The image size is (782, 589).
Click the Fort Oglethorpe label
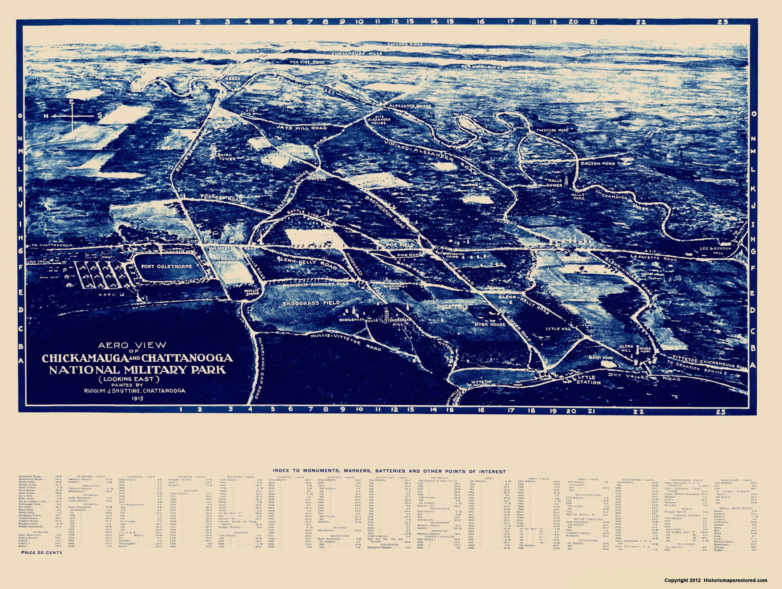point(167,266)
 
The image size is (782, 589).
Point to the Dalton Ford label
point(598,164)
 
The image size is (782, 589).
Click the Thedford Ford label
point(552,130)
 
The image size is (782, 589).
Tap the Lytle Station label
point(588,380)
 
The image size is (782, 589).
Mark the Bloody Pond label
point(600,358)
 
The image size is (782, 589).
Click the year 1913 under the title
point(134,398)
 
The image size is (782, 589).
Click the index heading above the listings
point(389,471)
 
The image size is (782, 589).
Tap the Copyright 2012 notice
point(715,580)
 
